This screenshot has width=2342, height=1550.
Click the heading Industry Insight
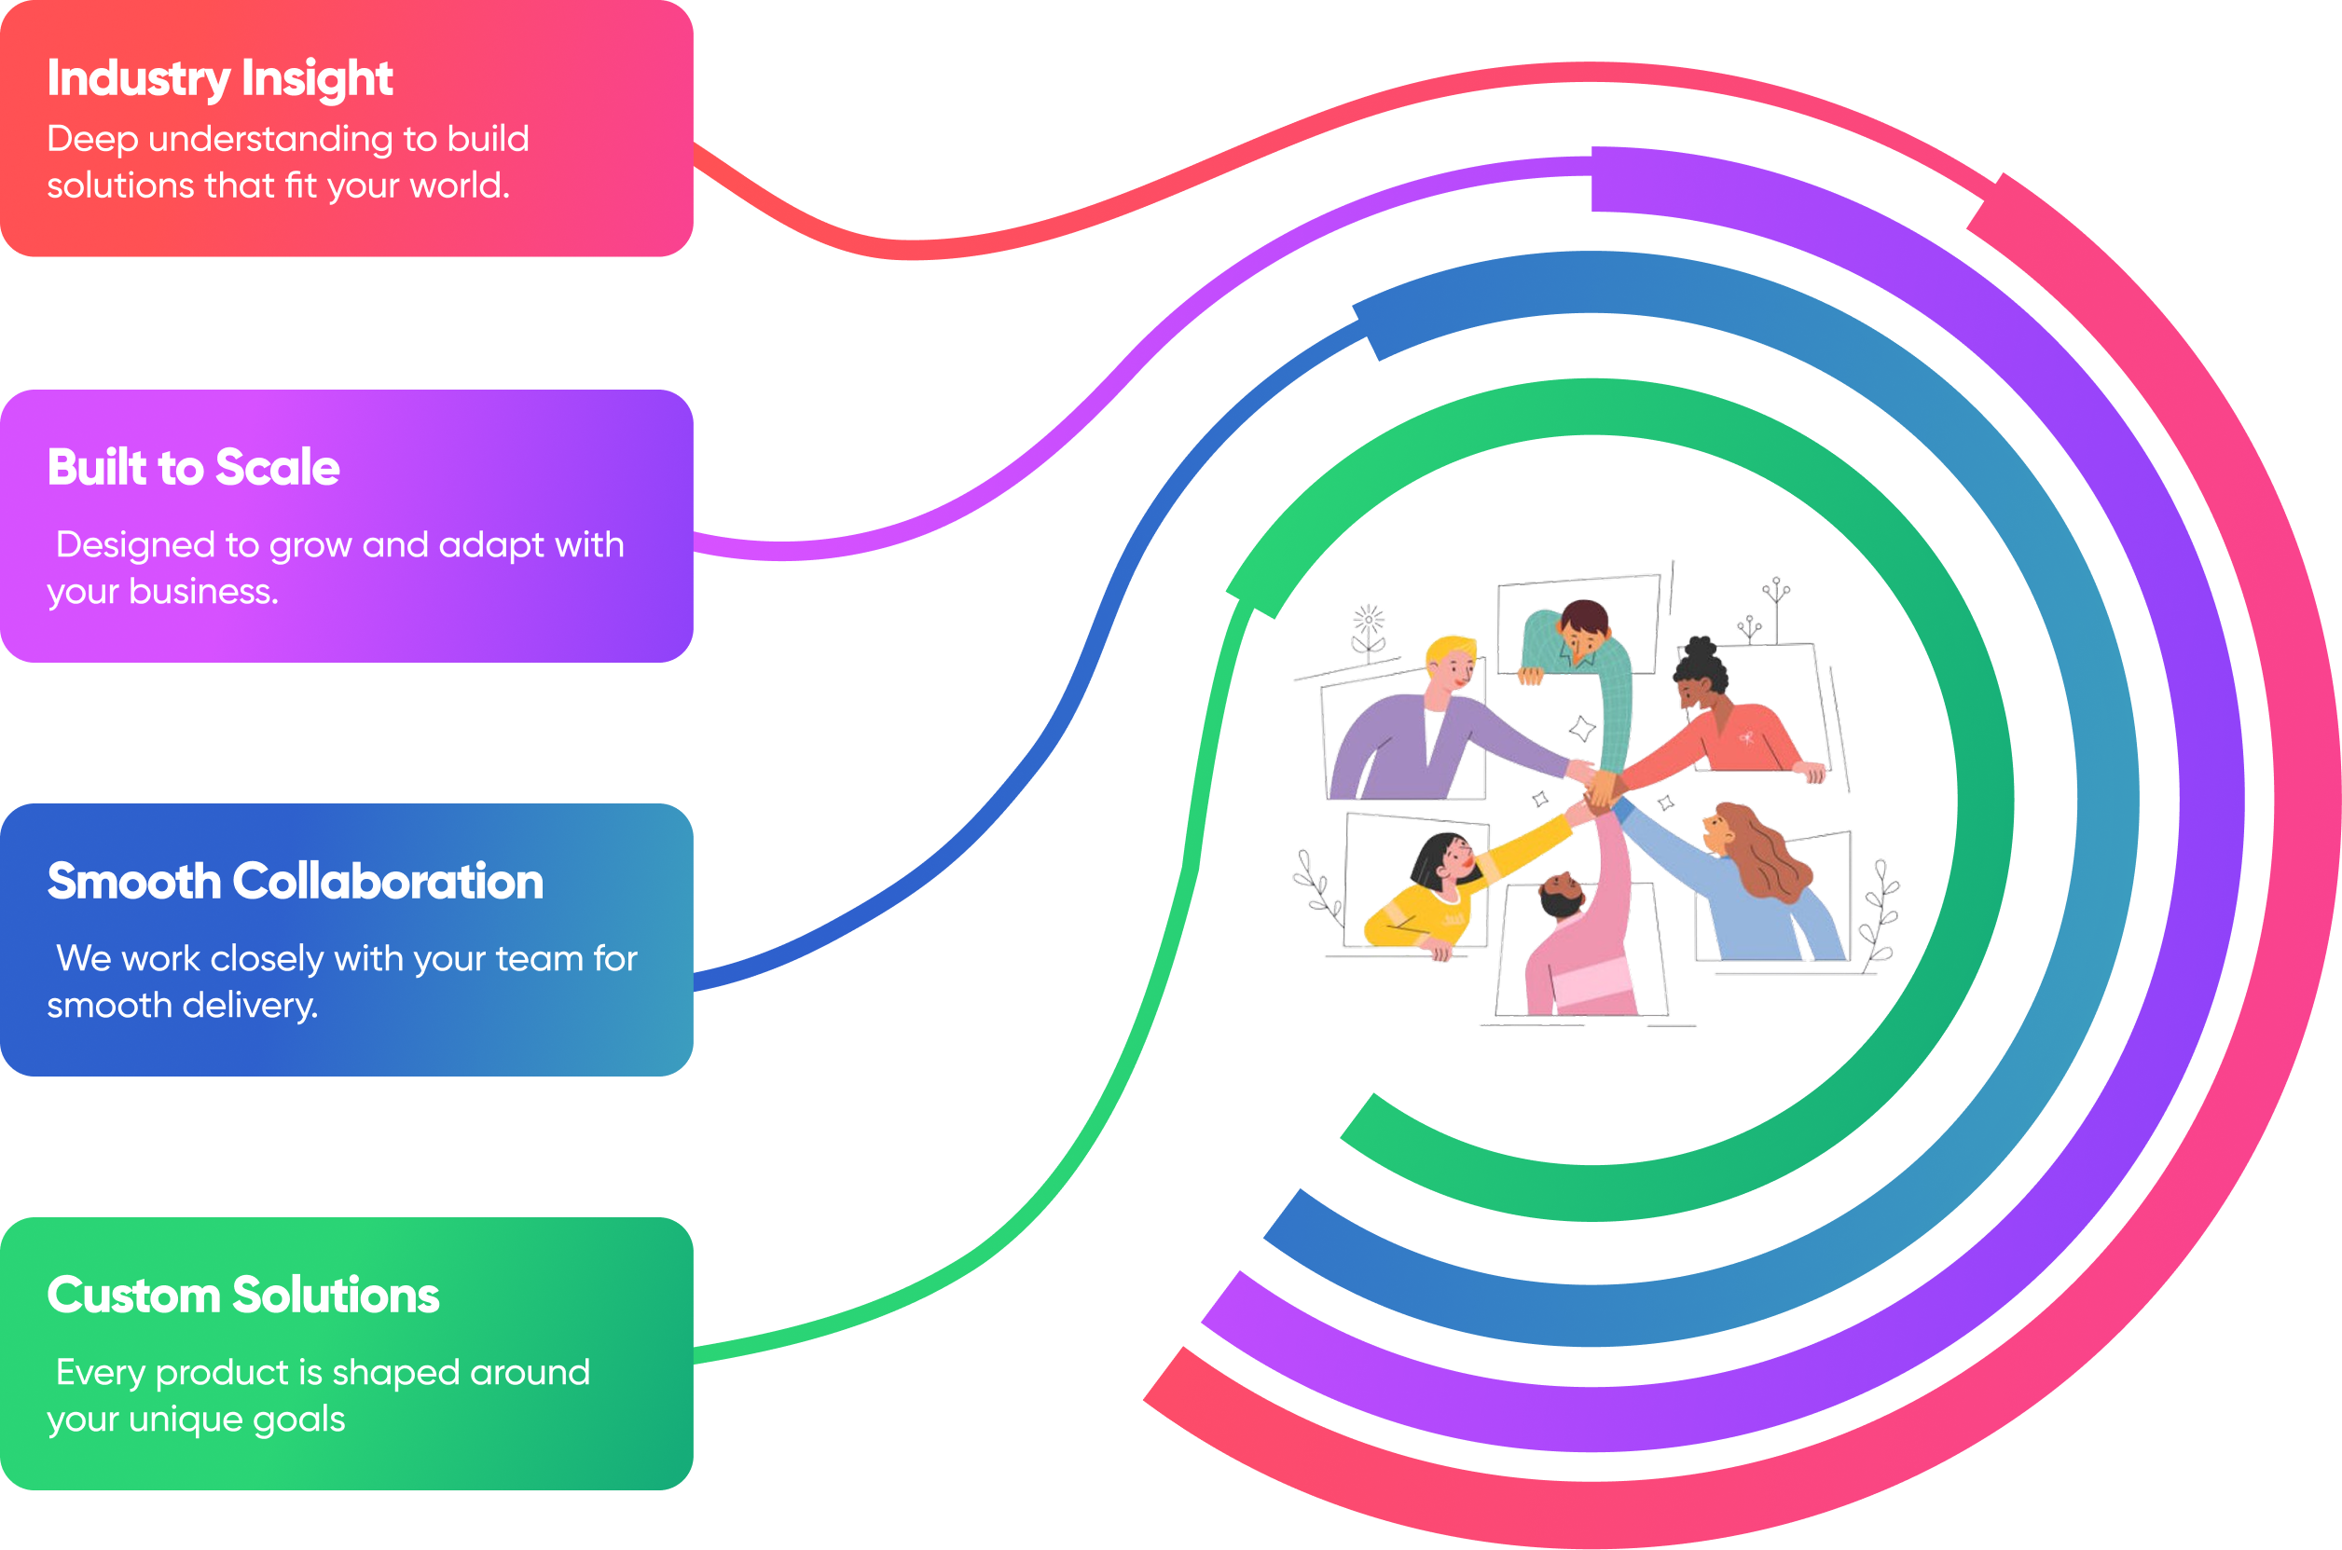219,79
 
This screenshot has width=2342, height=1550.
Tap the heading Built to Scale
194,468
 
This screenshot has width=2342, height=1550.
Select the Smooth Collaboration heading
295,882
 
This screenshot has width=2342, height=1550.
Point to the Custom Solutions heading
243,1295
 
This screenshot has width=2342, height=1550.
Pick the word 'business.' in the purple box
203,592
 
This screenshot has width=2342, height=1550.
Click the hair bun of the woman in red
1701,651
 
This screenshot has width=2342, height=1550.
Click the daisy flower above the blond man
1370,622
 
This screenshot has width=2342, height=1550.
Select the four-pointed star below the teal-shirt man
1583,730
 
